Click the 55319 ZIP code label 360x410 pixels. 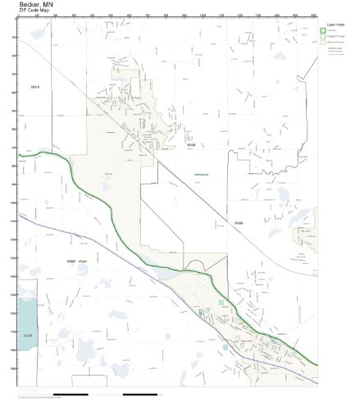[x=34, y=86]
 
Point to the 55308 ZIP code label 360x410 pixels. [x=166, y=148]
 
